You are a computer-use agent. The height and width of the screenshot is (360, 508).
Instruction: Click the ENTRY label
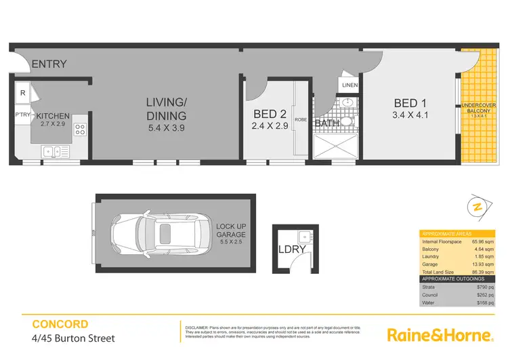[x=49, y=64]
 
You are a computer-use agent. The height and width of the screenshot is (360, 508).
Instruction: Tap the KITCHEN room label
[x=54, y=116]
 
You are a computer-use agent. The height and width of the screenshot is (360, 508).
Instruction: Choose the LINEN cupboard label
[x=350, y=85]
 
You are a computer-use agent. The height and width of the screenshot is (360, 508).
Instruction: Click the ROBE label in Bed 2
[x=301, y=119]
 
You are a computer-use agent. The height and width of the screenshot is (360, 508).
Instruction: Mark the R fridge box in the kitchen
[x=22, y=93]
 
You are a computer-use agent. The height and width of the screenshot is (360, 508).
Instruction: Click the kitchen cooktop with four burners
[x=80, y=128]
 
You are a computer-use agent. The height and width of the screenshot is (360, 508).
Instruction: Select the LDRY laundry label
[x=293, y=249]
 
